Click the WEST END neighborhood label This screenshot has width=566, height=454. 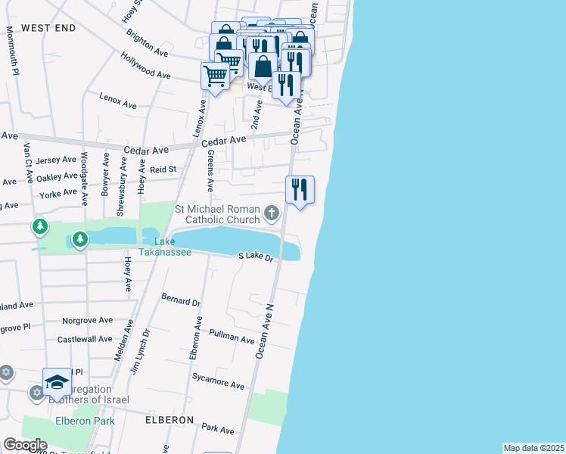coord(48,28)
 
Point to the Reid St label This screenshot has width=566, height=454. coord(162,169)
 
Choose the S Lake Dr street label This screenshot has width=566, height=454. coord(255,257)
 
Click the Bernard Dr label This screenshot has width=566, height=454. coord(181,300)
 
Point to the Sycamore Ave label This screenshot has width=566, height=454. coord(218,380)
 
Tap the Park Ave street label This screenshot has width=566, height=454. coord(218,429)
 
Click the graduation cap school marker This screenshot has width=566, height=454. coord(57,383)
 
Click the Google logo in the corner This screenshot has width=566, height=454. coord(24,445)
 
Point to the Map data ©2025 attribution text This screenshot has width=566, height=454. coord(533,448)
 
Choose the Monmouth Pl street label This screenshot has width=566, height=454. coord(12,51)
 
